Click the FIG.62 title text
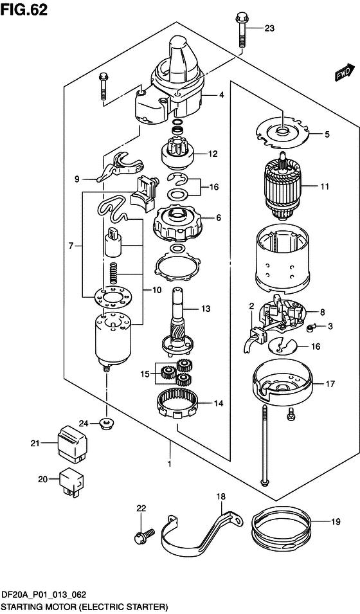click(x=24, y=10)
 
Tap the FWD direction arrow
click(x=343, y=73)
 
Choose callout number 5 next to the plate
click(x=327, y=135)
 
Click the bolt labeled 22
click(x=144, y=535)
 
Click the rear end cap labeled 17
click(x=282, y=384)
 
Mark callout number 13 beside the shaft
click(x=206, y=309)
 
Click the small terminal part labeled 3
click(x=311, y=326)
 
